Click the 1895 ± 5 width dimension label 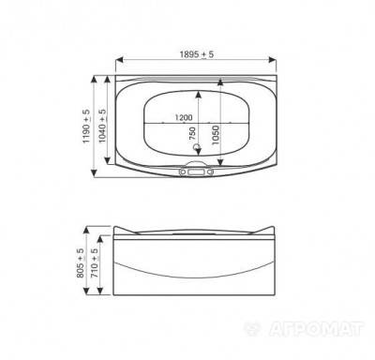(x=197, y=54)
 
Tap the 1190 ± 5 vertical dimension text (x=86, y=126)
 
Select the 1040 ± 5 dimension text (x=102, y=126)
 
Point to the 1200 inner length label (x=184, y=117)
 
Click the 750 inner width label (x=192, y=133)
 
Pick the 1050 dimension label (x=215, y=135)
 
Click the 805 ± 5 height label (x=80, y=263)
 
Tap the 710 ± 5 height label (x=94, y=263)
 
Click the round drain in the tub (x=197, y=147)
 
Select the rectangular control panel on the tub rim (x=196, y=172)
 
